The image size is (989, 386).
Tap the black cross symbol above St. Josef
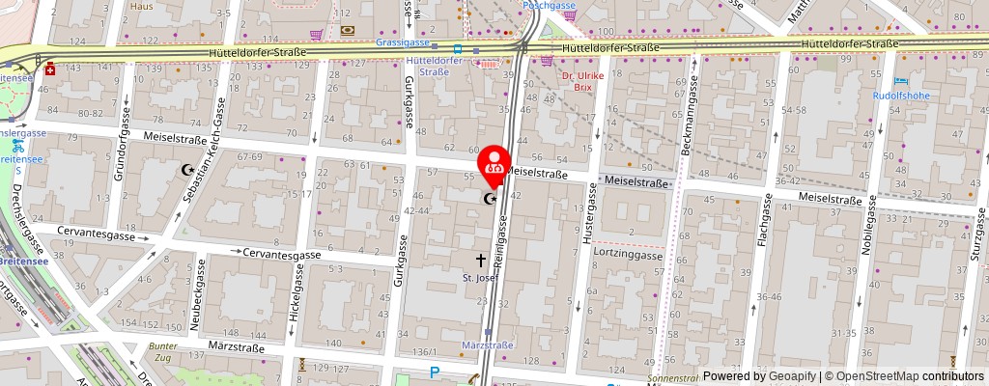(481, 260)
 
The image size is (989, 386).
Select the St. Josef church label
(481, 278)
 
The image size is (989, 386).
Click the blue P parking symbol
(435, 372)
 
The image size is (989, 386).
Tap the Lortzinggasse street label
(628, 256)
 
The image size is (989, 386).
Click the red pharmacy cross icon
(49, 70)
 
